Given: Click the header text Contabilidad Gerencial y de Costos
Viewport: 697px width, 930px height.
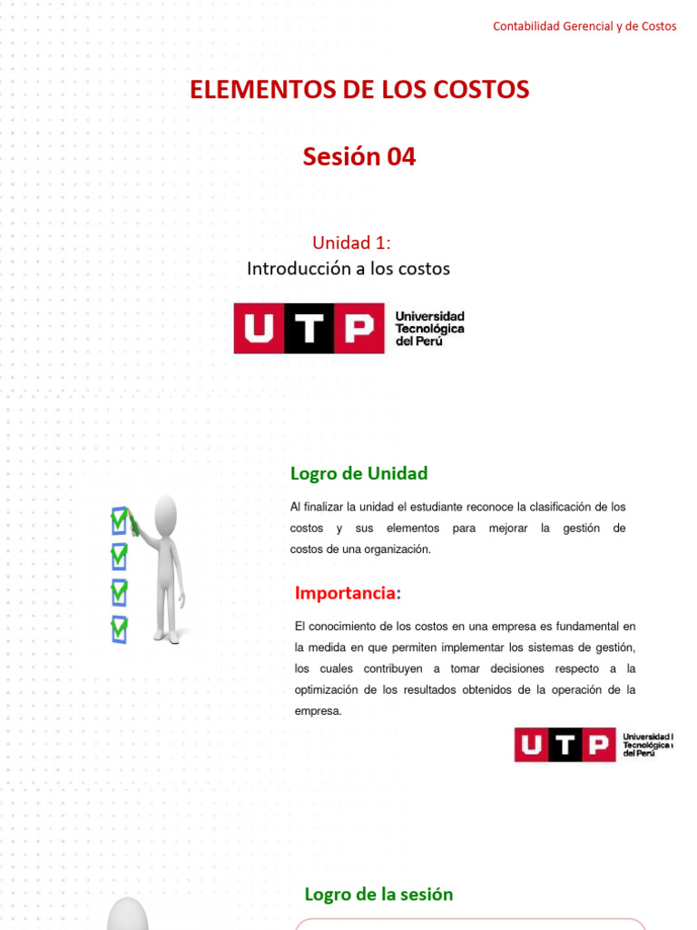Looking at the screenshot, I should (584, 26).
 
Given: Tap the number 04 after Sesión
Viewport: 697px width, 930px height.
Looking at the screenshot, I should (401, 157).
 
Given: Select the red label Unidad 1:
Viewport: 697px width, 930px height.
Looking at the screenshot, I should (352, 242).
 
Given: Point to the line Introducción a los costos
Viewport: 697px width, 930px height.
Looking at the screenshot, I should (348, 269).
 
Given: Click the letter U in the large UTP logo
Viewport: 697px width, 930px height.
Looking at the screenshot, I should (259, 329).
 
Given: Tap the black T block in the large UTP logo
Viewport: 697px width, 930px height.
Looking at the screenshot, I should (309, 329).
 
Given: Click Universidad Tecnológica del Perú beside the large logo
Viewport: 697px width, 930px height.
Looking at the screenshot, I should (429, 328).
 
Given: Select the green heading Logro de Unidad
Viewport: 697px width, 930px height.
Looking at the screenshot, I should (358, 473).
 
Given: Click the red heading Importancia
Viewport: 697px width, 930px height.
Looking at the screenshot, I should (346, 593).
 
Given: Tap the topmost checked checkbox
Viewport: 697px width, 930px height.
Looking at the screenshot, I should (119, 520).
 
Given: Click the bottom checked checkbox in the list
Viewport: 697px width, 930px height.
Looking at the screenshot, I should (119, 628).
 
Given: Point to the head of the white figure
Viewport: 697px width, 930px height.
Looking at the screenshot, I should (166, 515).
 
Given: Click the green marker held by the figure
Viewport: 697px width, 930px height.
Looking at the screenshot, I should (133, 523).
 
